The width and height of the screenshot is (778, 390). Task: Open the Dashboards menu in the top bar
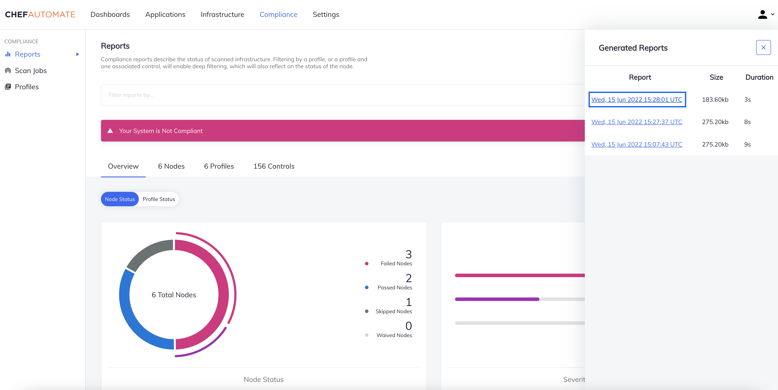110,14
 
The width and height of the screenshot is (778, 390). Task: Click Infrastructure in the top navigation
222,14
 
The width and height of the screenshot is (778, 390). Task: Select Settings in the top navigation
326,14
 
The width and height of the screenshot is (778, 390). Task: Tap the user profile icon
763,14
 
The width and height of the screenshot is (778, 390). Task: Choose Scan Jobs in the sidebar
31,71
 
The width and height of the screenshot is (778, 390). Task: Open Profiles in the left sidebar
27,87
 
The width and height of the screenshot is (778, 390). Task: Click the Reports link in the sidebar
28,54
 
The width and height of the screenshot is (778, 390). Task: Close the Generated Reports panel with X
763,47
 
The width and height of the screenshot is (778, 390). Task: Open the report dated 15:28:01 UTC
637,100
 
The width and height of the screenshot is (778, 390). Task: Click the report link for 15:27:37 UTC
637,122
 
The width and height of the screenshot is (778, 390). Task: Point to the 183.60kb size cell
715,100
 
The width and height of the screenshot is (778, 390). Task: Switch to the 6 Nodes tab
171,166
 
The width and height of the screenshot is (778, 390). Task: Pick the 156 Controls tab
274,166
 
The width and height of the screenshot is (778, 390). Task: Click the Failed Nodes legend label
396,264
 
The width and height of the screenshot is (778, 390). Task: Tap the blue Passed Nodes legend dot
367,287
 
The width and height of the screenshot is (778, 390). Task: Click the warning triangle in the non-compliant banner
110,131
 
